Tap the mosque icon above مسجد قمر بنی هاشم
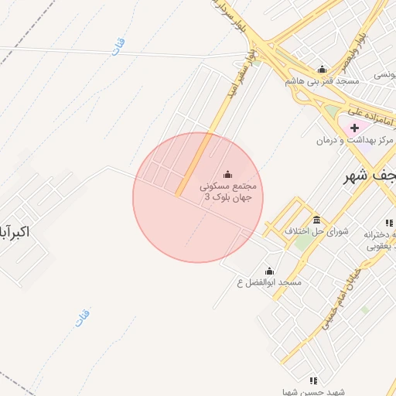(322, 70)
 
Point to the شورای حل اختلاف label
(317, 231)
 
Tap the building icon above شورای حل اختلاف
(317, 220)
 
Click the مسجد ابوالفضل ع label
(269, 283)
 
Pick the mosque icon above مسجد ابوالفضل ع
(269, 271)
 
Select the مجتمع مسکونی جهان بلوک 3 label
(227, 192)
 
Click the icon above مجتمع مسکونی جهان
(227, 174)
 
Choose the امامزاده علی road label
(371, 114)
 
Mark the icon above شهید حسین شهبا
(312, 381)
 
